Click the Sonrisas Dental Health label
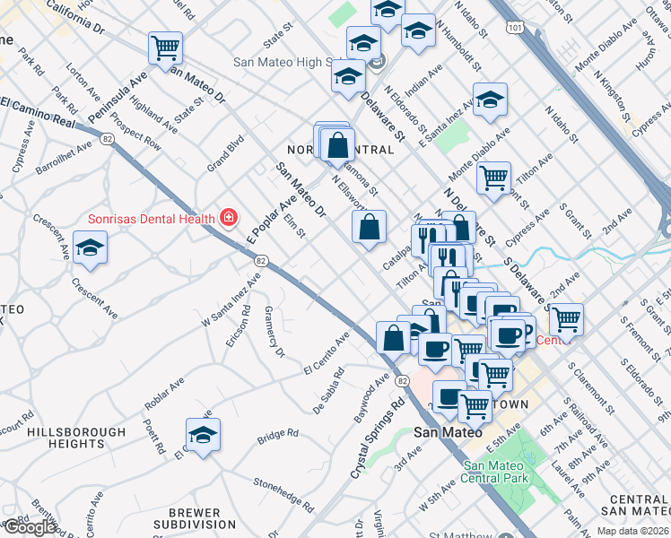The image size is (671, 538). (x=151, y=219)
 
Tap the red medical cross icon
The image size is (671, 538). (x=229, y=218)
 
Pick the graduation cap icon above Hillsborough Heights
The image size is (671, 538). (x=203, y=435)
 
